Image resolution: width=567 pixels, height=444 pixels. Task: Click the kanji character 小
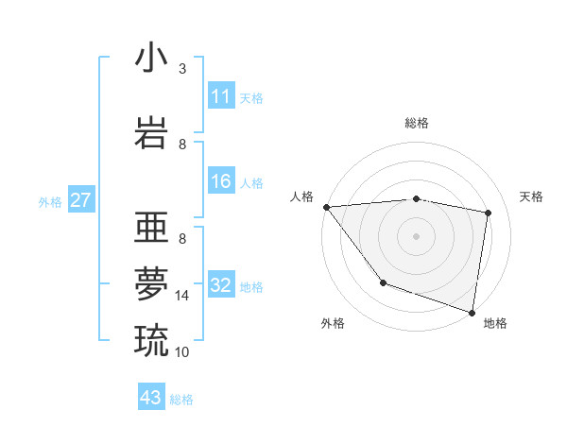point(151,59)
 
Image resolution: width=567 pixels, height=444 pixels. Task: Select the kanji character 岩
point(151,131)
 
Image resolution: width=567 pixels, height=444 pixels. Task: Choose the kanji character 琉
point(151,339)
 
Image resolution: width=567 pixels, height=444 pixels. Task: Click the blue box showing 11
point(221,96)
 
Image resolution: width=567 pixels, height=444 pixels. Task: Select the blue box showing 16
point(221,181)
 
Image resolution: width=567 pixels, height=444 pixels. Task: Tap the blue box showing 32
point(221,285)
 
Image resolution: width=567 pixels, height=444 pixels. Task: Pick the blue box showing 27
point(80,200)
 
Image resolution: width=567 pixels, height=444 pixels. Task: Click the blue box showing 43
point(151,398)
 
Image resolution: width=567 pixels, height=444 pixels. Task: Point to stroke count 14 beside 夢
point(182,296)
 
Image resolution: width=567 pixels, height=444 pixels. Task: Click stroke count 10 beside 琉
point(182,351)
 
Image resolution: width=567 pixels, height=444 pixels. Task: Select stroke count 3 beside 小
point(182,69)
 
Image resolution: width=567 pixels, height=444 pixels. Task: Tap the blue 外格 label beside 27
point(50,201)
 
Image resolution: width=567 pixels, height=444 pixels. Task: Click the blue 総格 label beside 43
point(181,399)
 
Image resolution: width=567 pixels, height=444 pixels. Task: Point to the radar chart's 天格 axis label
point(532,196)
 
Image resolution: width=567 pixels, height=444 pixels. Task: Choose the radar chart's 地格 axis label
point(495,323)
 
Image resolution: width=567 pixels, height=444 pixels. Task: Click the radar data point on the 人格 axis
point(326,207)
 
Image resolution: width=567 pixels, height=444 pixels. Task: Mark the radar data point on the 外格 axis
point(383,282)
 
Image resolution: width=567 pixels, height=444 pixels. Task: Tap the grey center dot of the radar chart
point(416,235)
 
